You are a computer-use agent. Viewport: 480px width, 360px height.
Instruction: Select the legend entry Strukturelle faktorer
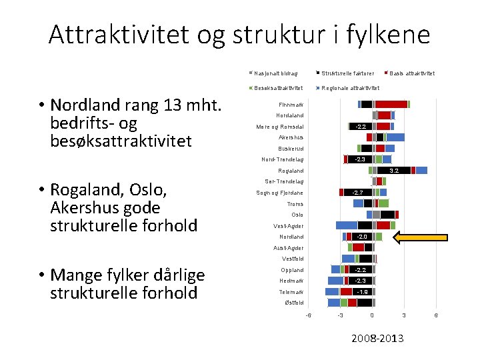pyautogui.click(x=347, y=73)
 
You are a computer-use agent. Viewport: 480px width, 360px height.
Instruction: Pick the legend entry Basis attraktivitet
pyautogui.click(x=411, y=73)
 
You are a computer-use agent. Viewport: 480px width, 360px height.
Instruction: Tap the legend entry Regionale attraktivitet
pyautogui.click(x=349, y=88)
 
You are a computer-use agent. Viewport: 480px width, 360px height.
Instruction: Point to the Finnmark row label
pyautogui.click(x=291, y=105)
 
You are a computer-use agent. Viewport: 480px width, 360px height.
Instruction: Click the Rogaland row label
pyautogui.click(x=291, y=171)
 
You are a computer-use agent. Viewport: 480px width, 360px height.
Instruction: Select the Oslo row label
pyautogui.click(x=297, y=215)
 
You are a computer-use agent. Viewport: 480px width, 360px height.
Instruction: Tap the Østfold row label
pyautogui.click(x=294, y=303)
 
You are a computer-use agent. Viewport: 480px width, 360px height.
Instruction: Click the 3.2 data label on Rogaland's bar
pyautogui.click(x=394, y=171)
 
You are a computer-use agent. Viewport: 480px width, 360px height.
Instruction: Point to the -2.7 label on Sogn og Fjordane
pyautogui.click(x=357, y=193)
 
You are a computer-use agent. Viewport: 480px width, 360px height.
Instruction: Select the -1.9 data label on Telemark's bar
pyautogui.click(x=362, y=292)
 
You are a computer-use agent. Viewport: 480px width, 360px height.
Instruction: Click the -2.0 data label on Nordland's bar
pyautogui.click(x=361, y=237)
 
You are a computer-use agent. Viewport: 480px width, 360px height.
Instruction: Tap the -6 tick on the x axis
pyautogui.click(x=308, y=315)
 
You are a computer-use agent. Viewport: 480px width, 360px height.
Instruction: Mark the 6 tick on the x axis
pyautogui.click(x=435, y=315)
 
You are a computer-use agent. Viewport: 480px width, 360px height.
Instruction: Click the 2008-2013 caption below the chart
pyautogui.click(x=377, y=339)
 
